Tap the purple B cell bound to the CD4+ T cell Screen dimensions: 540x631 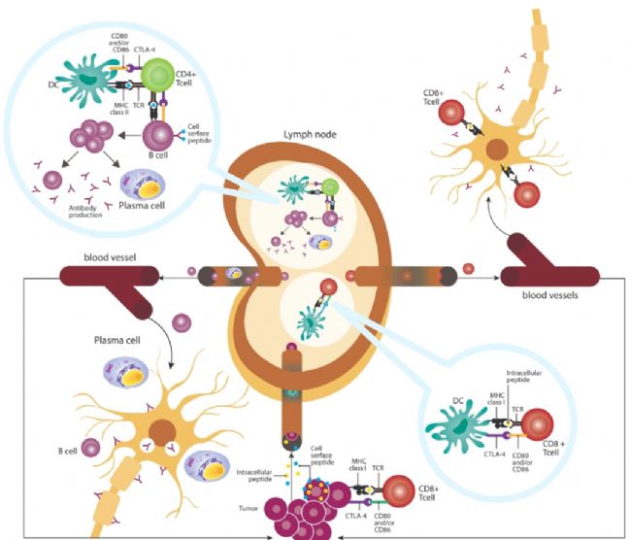click(x=162, y=136)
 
